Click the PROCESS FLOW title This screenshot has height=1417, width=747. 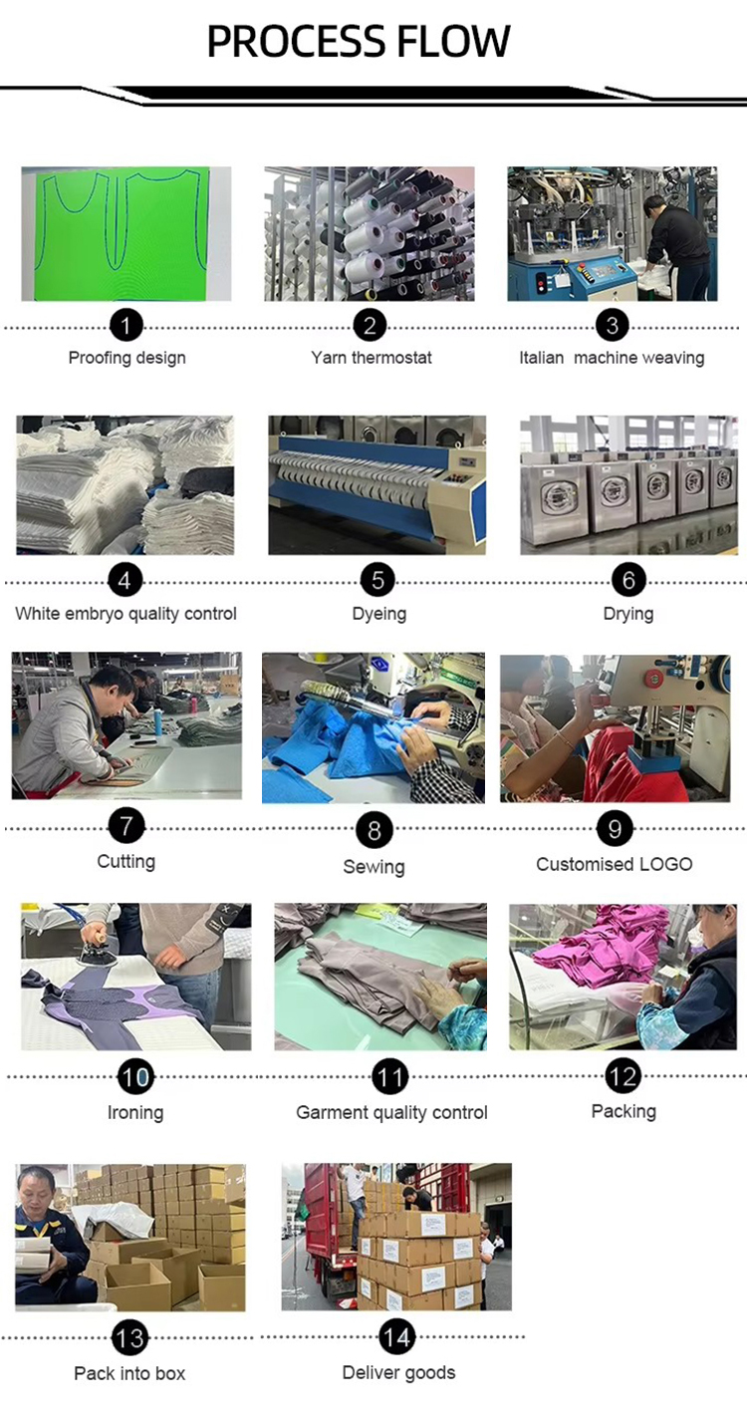(358, 42)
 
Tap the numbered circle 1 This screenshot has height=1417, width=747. (125, 325)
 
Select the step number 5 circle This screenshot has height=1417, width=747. (377, 580)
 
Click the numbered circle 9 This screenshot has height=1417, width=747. (615, 829)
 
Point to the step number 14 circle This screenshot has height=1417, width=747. (396, 1336)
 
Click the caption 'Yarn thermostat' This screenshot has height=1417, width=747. (372, 358)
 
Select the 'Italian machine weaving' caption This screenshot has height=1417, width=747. (612, 358)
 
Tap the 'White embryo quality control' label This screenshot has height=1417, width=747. (125, 614)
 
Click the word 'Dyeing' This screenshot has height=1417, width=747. (378, 614)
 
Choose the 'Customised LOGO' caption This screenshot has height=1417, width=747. (615, 864)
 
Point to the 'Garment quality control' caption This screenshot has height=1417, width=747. (391, 1113)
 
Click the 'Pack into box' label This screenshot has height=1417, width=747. (129, 1373)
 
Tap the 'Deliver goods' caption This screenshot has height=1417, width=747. (398, 1373)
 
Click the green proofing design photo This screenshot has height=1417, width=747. (125, 233)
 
